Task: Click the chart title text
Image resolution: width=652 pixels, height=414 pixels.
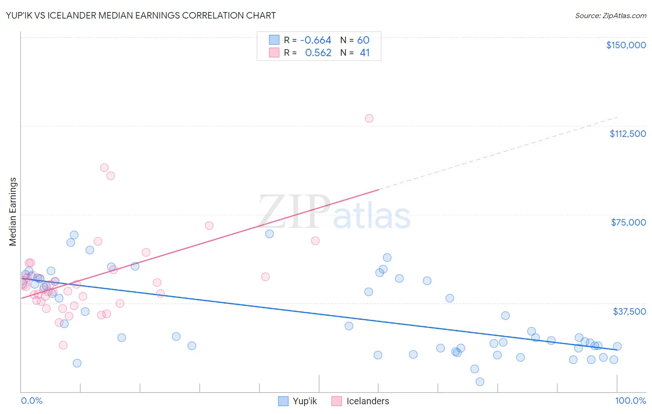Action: tap(141, 15)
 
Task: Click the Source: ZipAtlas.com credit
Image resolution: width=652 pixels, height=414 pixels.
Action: tap(610, 15)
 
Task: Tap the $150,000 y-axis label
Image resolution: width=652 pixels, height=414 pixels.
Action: tap(626, 45)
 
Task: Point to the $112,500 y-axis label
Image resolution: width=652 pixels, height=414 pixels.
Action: tap(627, 134)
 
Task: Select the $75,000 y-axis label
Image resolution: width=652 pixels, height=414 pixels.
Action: tap(628, 222)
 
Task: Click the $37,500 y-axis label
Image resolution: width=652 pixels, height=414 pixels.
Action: tap(629, 311)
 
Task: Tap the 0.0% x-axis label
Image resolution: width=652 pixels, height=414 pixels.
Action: tap(32, 401)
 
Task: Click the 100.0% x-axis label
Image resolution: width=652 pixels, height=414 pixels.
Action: tap(630, 401)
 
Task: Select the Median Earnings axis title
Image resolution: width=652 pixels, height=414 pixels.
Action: tap(13, 212)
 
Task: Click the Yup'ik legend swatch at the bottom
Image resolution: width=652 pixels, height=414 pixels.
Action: tap(283, 401)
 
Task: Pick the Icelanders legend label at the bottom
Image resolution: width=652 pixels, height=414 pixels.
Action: tap(368, 401)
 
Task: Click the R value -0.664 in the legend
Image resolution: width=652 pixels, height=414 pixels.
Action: tap(315, 40)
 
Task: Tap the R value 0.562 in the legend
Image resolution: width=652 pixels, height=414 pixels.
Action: tap(318, 53)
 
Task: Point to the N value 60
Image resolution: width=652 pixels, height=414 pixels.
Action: tap(363, 40)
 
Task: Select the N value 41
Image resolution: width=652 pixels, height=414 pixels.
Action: tap(364, 53)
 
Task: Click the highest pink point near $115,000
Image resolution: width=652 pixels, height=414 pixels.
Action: tap(369, 118)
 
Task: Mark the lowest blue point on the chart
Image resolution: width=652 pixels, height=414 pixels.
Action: tap(480, 382)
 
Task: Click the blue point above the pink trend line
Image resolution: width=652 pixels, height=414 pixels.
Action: tap(269, 233)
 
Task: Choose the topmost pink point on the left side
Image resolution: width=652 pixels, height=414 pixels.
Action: tap(104, 168)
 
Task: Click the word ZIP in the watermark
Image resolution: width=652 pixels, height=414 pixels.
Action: tap(294, 212)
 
